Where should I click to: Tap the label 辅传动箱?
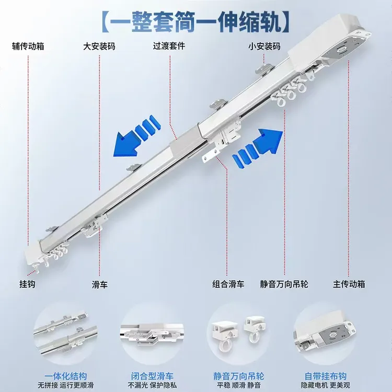point(29,47)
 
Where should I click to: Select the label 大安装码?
point(99,47)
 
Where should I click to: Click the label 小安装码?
point(264,47)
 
